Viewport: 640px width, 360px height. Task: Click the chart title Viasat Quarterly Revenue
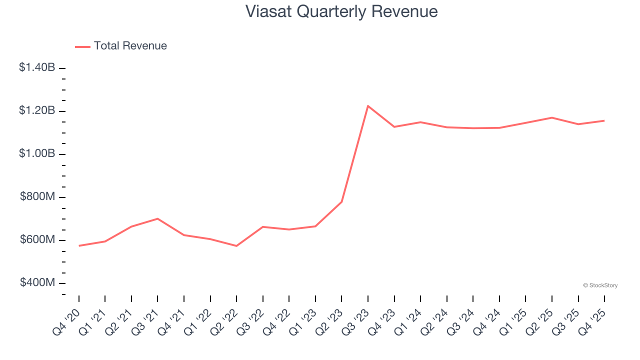[x=341, y=11]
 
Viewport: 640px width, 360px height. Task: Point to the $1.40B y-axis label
[x=37, y=67]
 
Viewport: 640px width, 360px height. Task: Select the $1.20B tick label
[x=37, y=110]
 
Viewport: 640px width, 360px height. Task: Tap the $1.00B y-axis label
[x=37, y=153]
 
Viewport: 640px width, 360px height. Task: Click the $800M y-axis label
[x=37, y=197]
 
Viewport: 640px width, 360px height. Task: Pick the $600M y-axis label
[x=37, y=240]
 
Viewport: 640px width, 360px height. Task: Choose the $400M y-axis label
[x=37, y=283]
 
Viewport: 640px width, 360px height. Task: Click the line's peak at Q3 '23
[x=368, y=106]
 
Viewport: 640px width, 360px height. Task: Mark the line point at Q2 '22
[x=236, y=246]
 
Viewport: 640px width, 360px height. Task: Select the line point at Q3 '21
[x=157, y=218]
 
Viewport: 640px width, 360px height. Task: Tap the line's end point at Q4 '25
[x=604, y=120]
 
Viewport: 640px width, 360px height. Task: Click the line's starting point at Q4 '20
[x=79, y=245]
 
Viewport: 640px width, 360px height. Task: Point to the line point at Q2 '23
[x=341, y=201]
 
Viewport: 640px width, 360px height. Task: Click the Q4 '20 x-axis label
[x=66, y=321]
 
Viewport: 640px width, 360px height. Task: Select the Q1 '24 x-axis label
[x=408, y=321]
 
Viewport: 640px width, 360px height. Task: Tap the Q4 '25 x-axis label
[x=592, y=321]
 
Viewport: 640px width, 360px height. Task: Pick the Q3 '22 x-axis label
[x=250, y=321]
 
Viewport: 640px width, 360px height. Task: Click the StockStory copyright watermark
[x=600, y=285]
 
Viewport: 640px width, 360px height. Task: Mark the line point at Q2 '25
[x=551, y=117]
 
